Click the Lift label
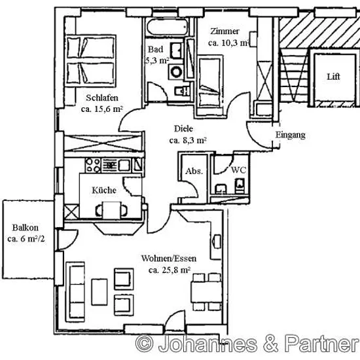[x=333, y=77]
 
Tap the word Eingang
[x=291, y=135]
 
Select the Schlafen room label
[x=102, y=98]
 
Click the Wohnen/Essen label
[x=169, y=259]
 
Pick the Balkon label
[x=26, y=228]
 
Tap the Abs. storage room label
[x=194, y=171]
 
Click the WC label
[x=238, y=170]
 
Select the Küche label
[x=104, y=190]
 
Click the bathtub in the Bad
[x=167, y=27]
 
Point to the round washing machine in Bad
[x=176, y=72]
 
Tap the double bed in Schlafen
[x=90, y=61]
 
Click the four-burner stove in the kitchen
[x=93, y=166]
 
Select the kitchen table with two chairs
[x=111, y=210]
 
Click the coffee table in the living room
[x=99, y=292]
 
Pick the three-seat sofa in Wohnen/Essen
[x=75, y=292]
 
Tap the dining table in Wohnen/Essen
[x=207, y=291]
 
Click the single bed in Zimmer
[x=209, y=81]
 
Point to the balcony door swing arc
[x=71, y=241]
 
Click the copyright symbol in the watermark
[x=144, y=343]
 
